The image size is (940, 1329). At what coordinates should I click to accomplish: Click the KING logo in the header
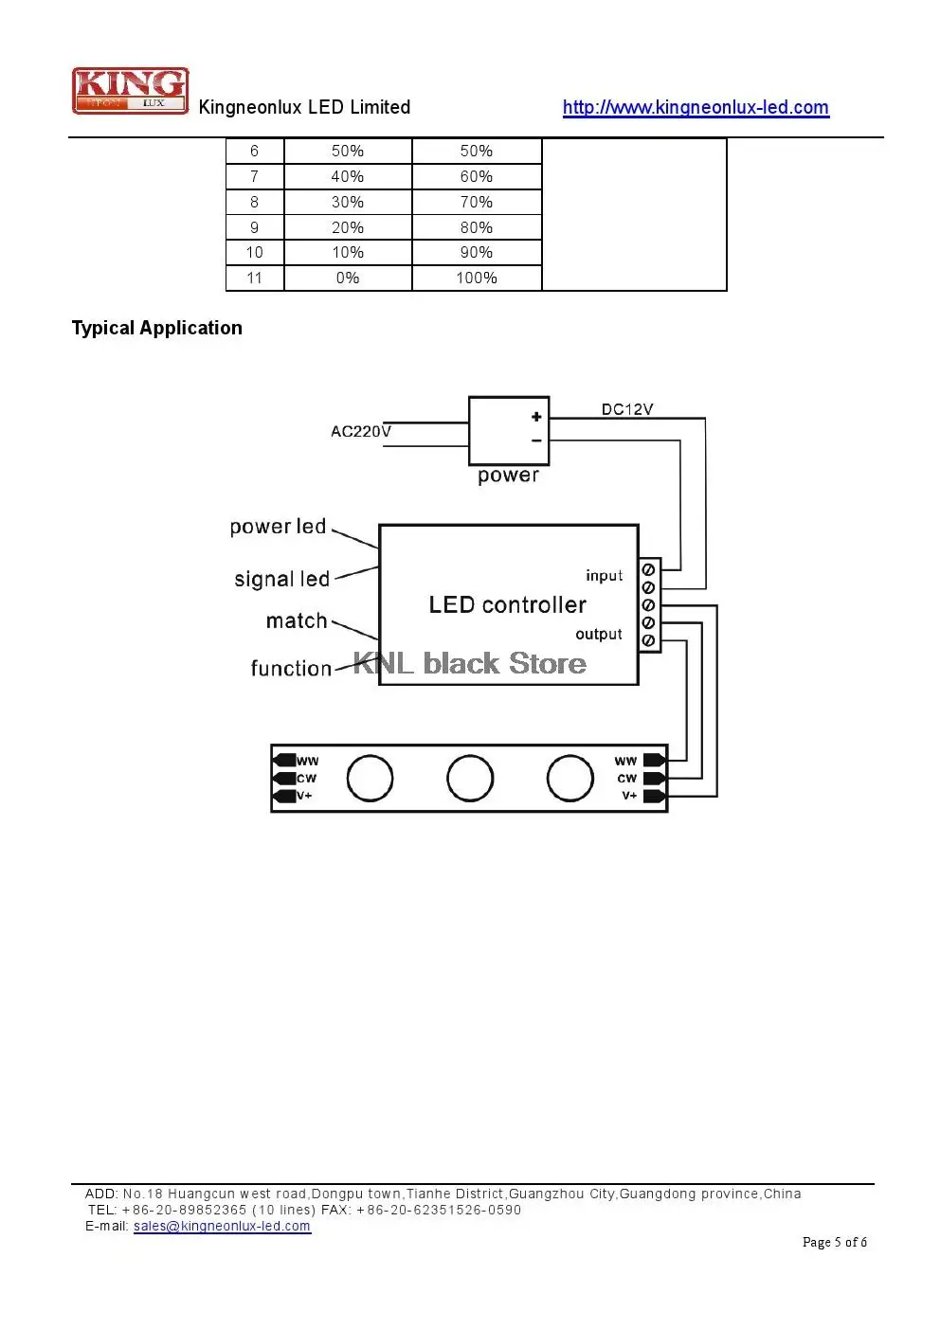pyautogui.click(x=131, y=91)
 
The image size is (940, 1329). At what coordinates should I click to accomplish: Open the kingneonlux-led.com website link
pyautogui.click(x=696, y=107)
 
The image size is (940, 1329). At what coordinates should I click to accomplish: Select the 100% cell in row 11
pyautogui.click(x=477, y=278)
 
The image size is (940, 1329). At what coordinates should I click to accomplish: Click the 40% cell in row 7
pyautogui.click(x=347, y=176)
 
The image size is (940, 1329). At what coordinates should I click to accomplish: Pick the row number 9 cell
pyautogui.click(x=254, y=227)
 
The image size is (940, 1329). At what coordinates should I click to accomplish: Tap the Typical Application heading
pyautogui.click(x=156, y=328)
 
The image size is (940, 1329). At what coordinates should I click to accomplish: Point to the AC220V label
pyautogui.click(x=361, y=431)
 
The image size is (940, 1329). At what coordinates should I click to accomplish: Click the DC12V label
pyautogui.click(x=627, y=409)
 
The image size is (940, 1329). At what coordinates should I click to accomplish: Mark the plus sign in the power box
pyautogui.click(x=536, y=417)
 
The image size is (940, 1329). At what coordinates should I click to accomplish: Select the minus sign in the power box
pyautogui.click(x=536, y=440)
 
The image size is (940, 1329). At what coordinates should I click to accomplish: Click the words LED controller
pyautogui.click(x=507, y=605)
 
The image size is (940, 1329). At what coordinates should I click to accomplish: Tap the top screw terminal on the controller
pyautogui.click(x=648, y=569)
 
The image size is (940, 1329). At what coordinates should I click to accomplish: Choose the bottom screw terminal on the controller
pyautogui.click(x=648, y=640)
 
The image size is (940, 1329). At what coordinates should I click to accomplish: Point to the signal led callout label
pyautogui.click(x=281, y=579)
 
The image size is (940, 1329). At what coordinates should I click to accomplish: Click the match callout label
pyautogui.click(x=297, y=620)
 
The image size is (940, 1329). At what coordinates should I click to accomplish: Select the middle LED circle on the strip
pyautogui.click(x=470, y=755)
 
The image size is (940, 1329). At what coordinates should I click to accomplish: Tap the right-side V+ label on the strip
pyautogui.click(x=629, y=795)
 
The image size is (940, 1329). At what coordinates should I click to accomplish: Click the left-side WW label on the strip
pyautogui.click(x=307, y=761)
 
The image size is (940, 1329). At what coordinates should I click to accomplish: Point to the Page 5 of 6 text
pyautogui.click(x=835, y=1242)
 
